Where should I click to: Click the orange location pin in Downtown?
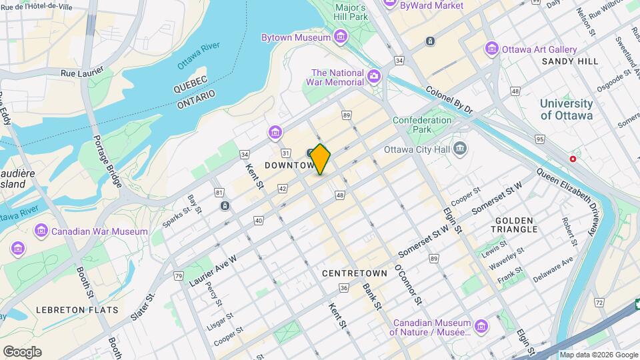320,159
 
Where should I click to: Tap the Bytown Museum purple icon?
341,36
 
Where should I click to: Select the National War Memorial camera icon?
375,77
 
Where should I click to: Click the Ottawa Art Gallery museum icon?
492,49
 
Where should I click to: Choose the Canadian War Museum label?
91,231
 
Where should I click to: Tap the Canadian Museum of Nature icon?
481,326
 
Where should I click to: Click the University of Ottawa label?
566,109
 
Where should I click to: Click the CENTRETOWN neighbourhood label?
354,273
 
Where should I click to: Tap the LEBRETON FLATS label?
77,310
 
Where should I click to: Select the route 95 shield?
539,139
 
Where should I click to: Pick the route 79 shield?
178,276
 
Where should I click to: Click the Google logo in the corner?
22,352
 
